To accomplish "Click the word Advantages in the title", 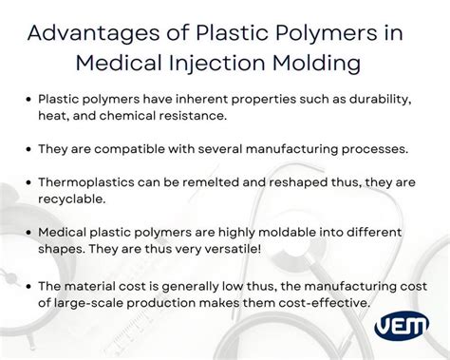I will [x=84, y=31].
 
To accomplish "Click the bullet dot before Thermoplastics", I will [x=30, y=181].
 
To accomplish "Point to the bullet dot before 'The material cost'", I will [x=30, y=285].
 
